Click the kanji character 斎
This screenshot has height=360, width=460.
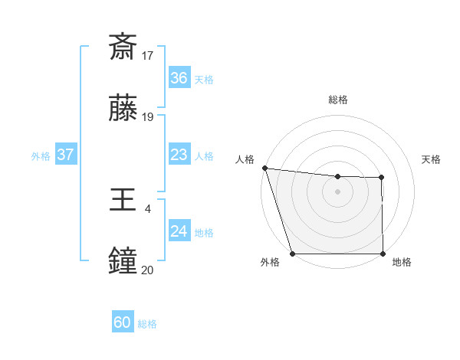123,47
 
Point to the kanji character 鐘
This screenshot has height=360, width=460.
123,261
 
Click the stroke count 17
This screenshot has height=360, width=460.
148,55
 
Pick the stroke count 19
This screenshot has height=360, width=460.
148,117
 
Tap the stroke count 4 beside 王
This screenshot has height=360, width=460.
148,208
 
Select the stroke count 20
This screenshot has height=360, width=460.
148,270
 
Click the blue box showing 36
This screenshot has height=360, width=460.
179,78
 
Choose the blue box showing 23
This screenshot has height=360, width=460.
179,155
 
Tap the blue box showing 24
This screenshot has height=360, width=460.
179,231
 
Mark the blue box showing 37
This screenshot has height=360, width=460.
65,155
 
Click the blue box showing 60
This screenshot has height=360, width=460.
123,322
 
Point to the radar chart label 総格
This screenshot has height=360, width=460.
337,100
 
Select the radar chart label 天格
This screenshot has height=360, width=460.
431,159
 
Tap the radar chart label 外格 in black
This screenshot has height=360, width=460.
269,263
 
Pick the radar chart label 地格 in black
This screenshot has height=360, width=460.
402,263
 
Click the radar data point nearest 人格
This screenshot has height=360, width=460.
264,168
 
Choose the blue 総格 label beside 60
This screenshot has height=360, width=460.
147,324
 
